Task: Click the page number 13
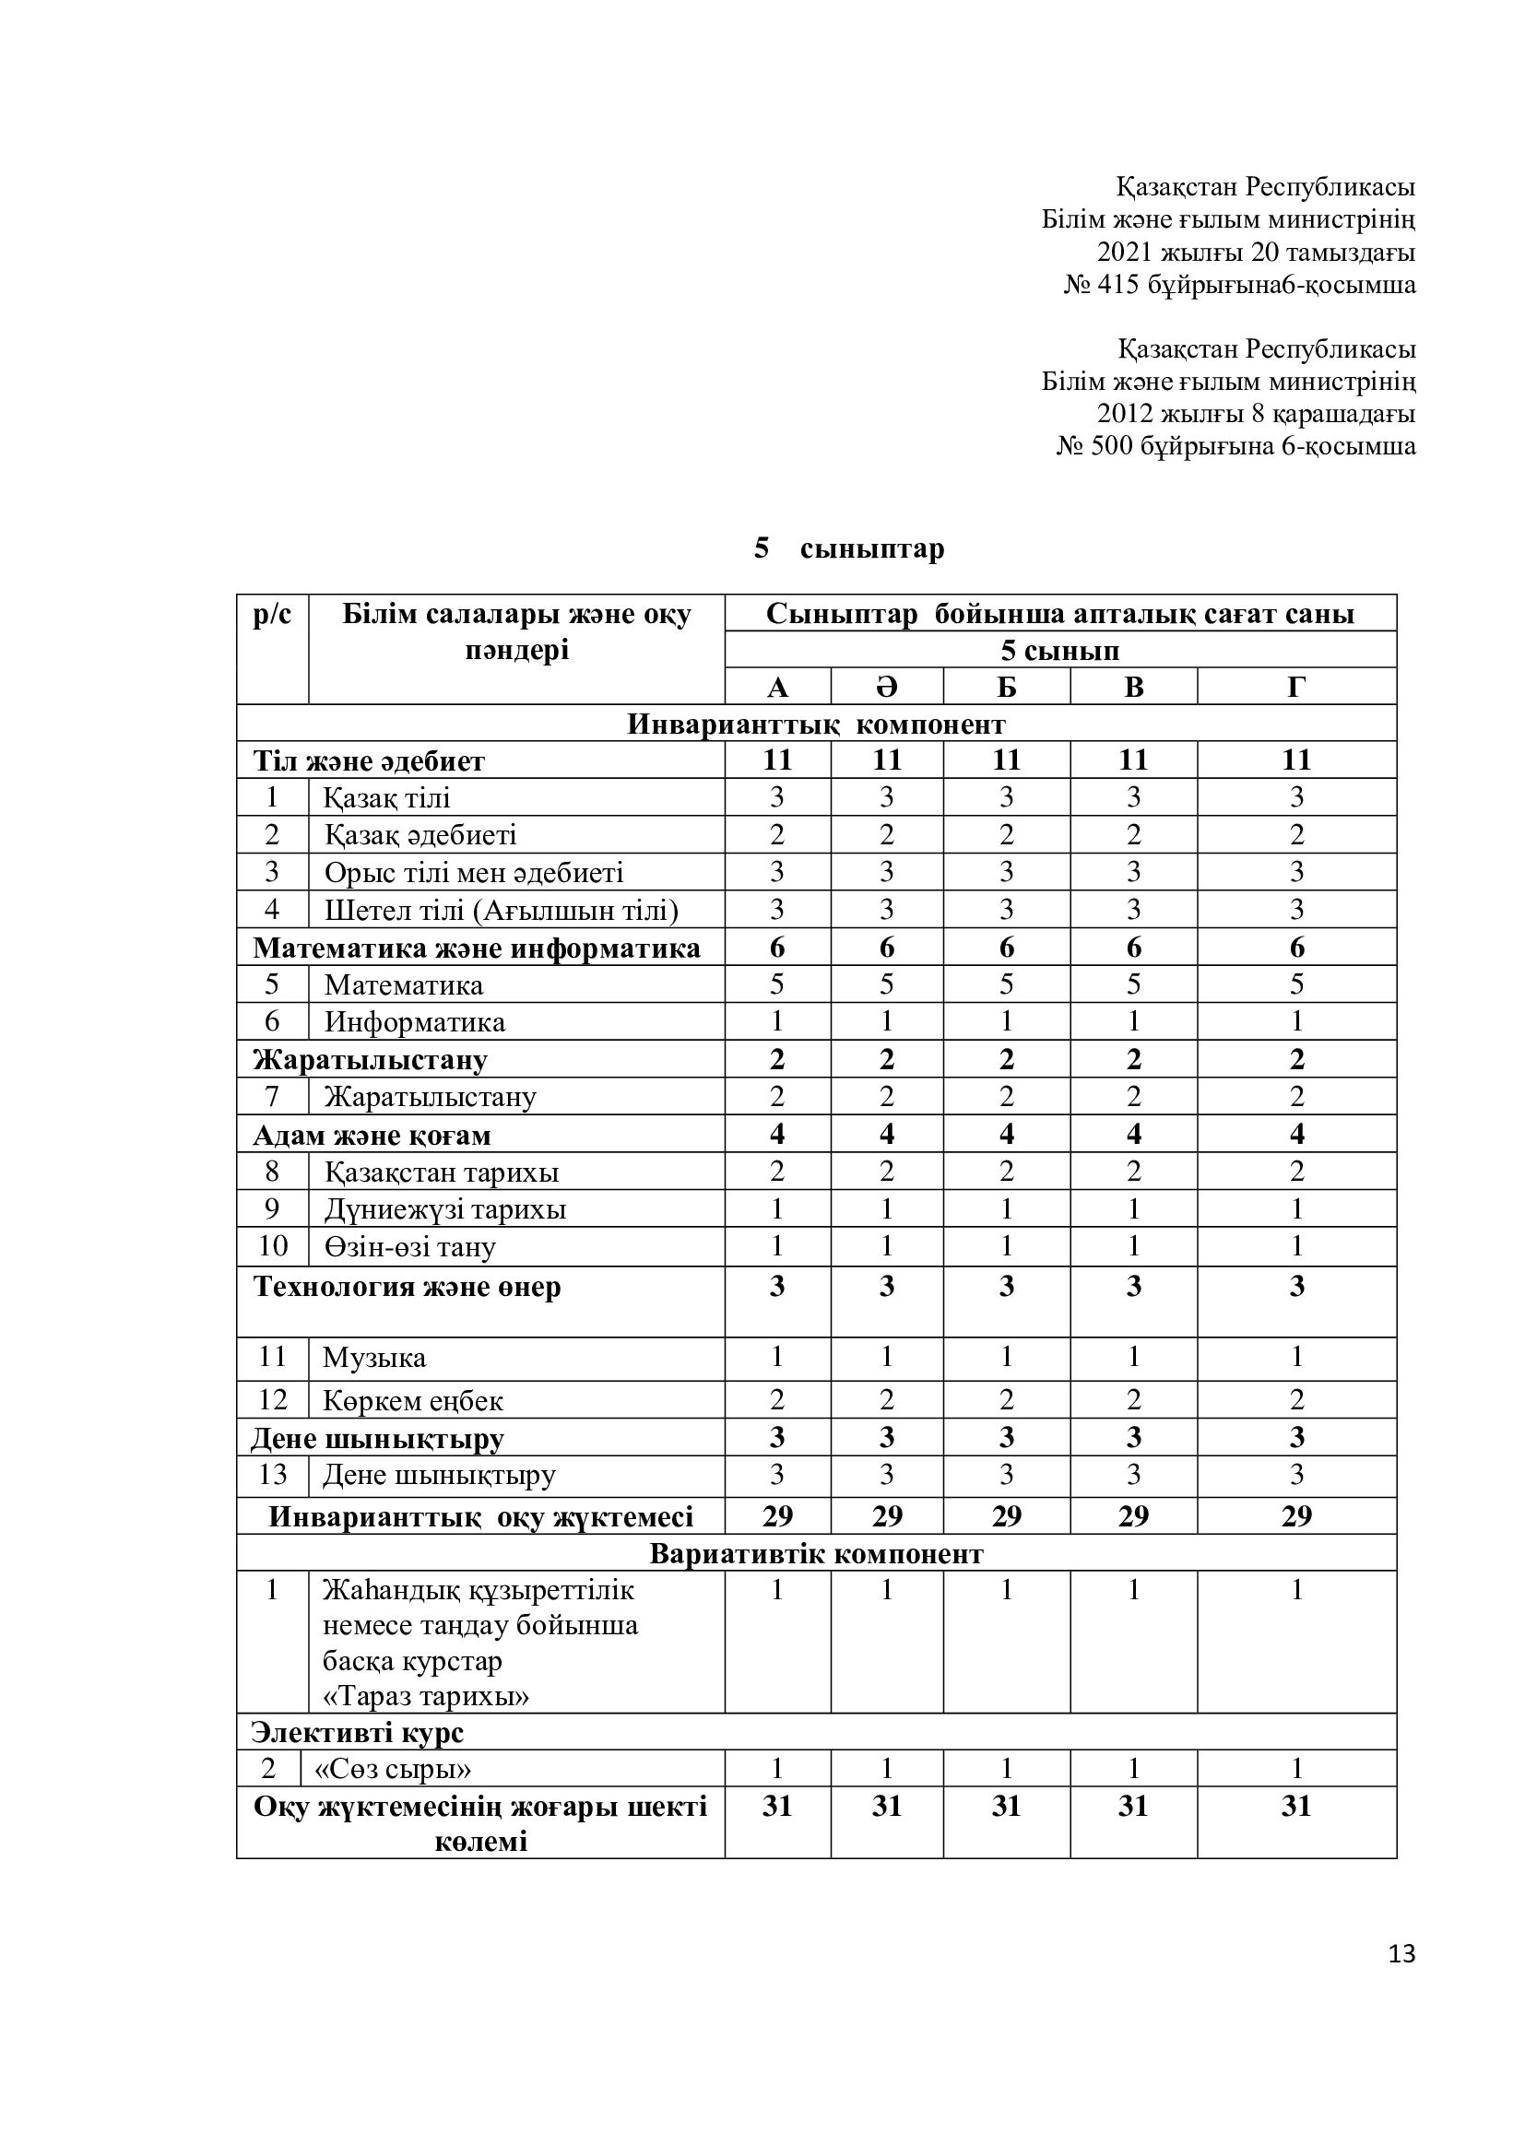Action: coord(1401,1954)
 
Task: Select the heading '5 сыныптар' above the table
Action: coord(849,548)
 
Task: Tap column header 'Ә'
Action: coord(886,688)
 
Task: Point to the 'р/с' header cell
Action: coord(272,615)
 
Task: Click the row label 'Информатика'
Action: coord(414,1021)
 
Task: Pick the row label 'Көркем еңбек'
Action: coord(412,1401)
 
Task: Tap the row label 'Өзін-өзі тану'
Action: coord(409,1247)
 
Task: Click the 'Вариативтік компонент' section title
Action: coord(816,1554)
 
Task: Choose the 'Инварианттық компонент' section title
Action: coord(816,724)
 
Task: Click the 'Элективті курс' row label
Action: coord(357,1733)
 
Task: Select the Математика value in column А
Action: coord(776,984)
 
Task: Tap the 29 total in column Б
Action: coord(1006,1516)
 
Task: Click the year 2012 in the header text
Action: coord(1125,413)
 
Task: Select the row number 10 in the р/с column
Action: coord(272,1246)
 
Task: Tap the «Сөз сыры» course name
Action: coord(393,1769)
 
